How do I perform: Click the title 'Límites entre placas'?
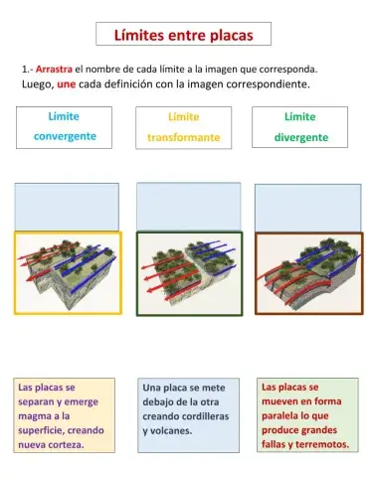tap(184, 35)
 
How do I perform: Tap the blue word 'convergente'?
tap(65, 136)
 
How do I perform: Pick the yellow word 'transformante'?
tap(183, 137)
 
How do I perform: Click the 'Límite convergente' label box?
tap(65, 126)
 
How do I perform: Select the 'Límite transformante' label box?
tap(183, 126)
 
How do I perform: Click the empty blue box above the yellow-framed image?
tap(67, 207)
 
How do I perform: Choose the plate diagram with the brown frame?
tap(305, 273)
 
